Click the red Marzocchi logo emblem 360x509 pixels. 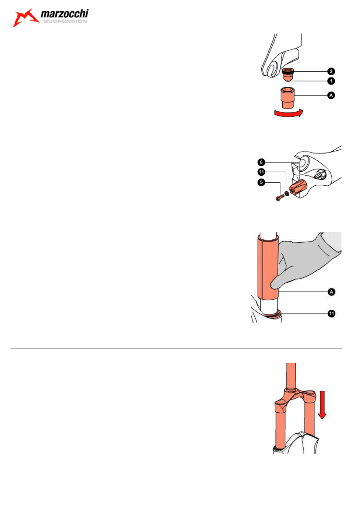25,18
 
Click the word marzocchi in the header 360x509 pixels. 65,14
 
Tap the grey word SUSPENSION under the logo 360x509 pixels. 65,21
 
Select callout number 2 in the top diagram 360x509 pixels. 331,71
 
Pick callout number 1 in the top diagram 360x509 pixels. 331,81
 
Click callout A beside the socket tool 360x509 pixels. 331,96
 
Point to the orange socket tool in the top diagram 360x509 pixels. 288,98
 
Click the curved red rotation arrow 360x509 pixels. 289,113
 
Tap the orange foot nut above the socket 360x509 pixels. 288,75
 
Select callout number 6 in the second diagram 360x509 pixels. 261,162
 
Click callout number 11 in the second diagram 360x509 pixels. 261,172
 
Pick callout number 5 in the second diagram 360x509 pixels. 261,182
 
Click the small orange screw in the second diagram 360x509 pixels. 280,198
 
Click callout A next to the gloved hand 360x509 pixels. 332,292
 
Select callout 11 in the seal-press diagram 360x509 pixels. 332,314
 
